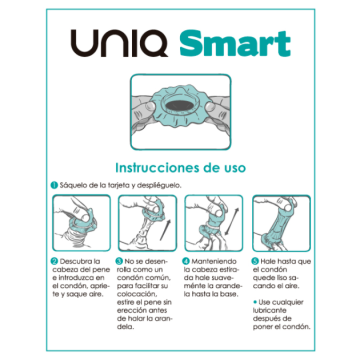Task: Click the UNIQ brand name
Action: (117, 46)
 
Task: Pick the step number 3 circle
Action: (121, 261)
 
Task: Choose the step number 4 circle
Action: (186, 261)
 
